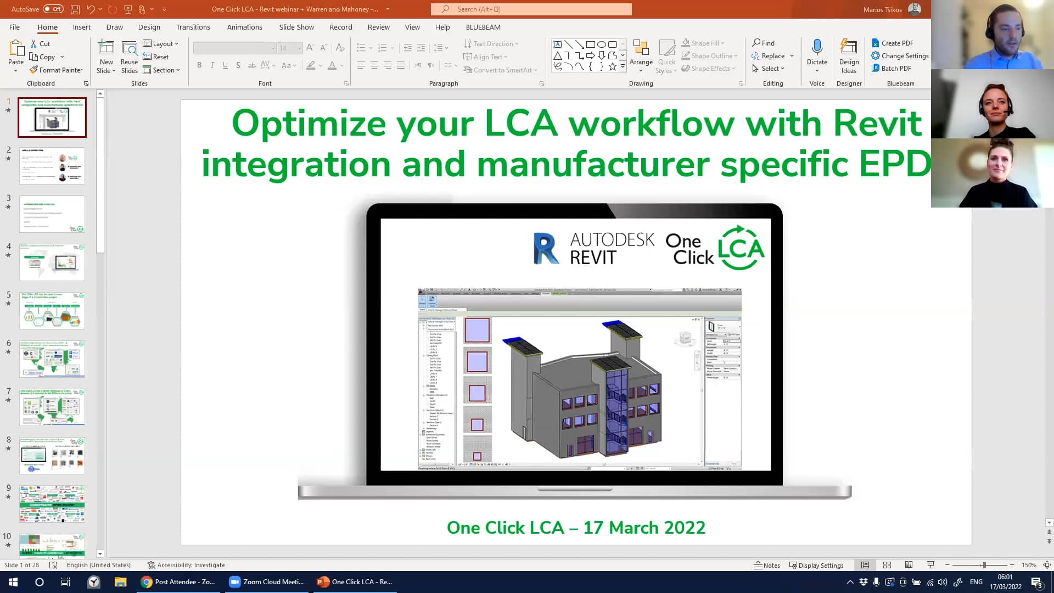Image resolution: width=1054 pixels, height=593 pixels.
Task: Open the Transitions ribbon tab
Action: (193, 27)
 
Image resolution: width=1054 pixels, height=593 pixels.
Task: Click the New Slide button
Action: (106, 57)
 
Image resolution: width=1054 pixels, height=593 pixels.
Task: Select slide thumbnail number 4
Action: (52, 262)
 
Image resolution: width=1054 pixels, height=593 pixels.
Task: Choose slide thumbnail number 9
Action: (52, 504)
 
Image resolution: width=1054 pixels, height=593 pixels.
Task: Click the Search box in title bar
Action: (531, 9)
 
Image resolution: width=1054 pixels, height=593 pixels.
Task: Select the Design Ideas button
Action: (848, 57)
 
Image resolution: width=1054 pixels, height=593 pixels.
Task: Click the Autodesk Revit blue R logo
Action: (546, 248)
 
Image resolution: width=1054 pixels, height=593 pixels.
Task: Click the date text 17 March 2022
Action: (643, 527)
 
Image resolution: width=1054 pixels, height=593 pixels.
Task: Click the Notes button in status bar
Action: (767, 565)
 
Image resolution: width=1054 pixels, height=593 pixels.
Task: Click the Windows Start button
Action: (13, 581)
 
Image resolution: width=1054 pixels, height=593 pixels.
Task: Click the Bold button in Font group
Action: (199, 65)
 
